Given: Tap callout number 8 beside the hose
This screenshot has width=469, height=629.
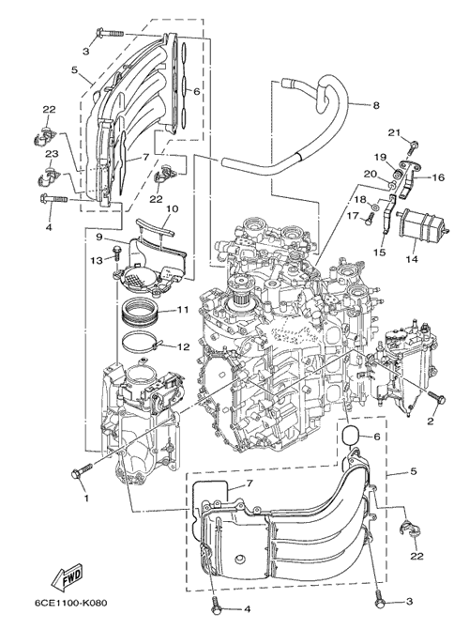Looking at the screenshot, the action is coord(376,105).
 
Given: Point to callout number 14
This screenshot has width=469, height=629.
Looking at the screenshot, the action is coord(412,259).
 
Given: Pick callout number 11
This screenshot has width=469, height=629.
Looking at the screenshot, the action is coord(183,310).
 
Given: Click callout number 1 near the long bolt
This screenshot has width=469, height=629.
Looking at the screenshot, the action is coord(85,499).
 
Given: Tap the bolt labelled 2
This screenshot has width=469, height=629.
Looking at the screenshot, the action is coord(436,397).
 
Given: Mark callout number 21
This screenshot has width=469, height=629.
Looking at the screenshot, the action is coord(394,132).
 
